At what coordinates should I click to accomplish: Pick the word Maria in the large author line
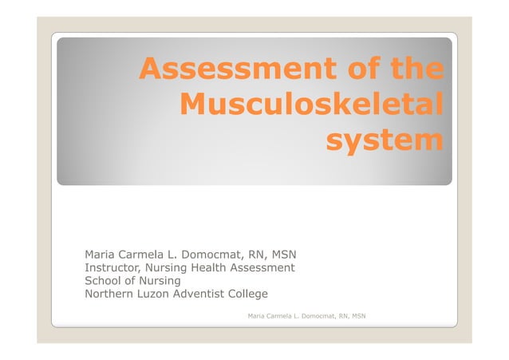pyautogui.click(x=101, y=255)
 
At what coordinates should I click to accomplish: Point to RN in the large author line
pyautogui.click(x=258, y=255)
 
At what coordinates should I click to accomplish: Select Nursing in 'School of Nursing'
pyautogui.click(x=161, y=281)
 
